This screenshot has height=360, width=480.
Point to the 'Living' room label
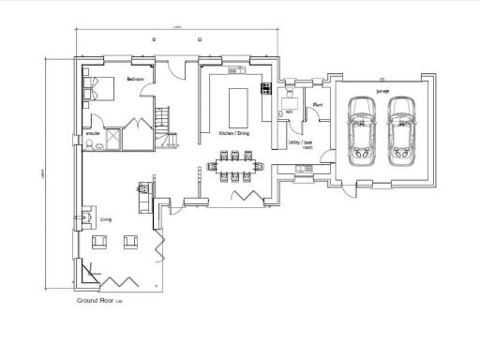(x=106, y=219)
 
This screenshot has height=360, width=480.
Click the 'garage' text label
(x=382, y=91)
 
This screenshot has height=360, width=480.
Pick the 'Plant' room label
(x=318, y=105)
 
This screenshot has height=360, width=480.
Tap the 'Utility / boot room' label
(x=300, y=144)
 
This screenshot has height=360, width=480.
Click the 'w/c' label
(x=291, y=111)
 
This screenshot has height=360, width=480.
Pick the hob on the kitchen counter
(x=266, y=90)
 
